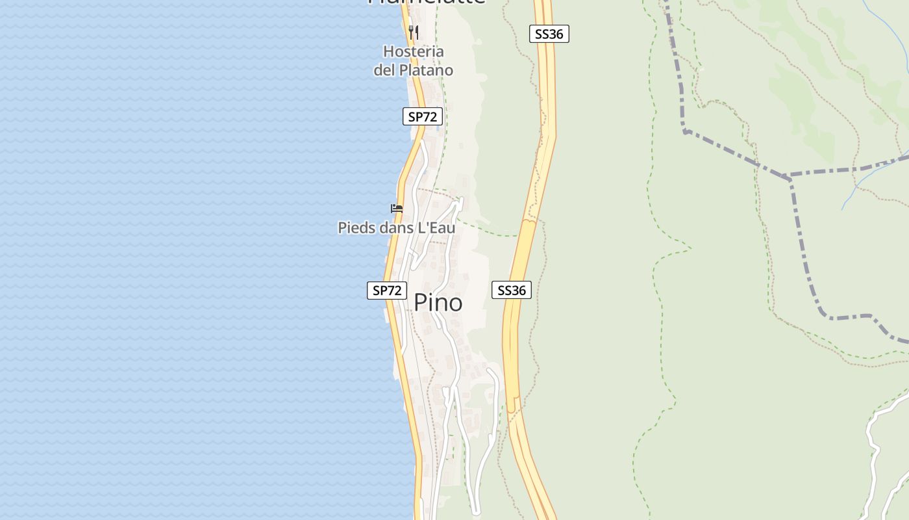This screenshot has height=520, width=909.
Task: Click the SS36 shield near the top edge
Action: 549,34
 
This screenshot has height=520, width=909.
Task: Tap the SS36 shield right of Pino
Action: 512,290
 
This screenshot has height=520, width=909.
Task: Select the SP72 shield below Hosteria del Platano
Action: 422,116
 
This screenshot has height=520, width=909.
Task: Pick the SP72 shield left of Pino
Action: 387,290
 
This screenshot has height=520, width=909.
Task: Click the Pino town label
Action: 438,302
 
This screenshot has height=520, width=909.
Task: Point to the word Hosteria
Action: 414,51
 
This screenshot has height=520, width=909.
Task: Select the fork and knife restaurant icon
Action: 413,32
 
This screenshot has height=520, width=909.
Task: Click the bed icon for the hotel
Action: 397,208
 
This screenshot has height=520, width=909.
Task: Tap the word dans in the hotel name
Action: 393,227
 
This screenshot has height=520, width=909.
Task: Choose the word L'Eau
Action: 436,227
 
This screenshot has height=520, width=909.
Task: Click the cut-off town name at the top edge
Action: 427,2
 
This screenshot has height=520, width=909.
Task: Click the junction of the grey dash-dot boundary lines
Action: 789,177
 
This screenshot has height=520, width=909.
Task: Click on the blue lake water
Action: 195,260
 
